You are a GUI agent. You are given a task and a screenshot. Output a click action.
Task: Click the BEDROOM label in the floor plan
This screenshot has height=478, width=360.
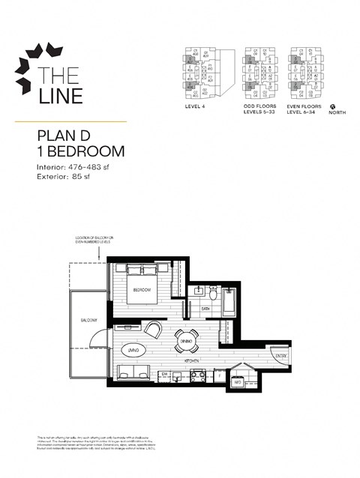142,290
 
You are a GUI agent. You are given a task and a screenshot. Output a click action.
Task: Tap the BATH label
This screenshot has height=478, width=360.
205,308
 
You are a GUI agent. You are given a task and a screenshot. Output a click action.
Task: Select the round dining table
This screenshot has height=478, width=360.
186,342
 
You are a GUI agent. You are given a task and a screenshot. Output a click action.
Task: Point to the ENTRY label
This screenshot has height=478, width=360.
280,355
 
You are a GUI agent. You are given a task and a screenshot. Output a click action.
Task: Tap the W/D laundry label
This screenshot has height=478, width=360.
238,382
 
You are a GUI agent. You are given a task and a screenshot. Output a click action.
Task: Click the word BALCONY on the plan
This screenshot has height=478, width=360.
90,320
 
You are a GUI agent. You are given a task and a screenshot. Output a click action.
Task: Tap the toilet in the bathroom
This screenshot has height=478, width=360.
212,294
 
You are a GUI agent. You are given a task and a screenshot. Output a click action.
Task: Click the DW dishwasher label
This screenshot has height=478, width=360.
163,374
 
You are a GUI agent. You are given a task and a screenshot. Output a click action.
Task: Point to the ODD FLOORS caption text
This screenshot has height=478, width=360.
256,106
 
